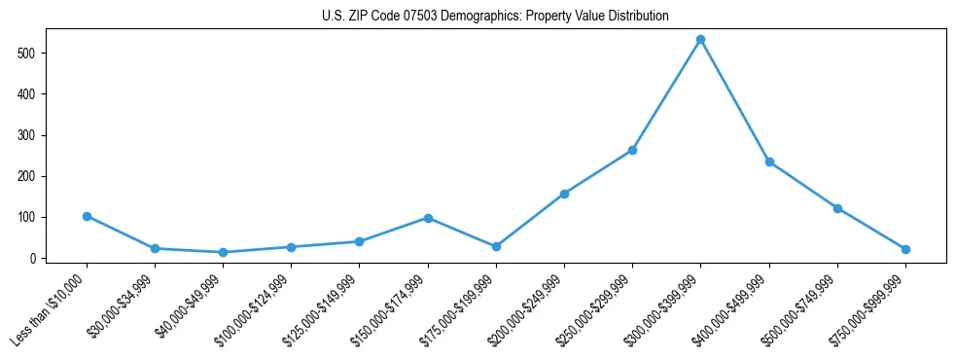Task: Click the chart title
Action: tap(495, 17)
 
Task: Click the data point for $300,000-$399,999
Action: tap(700, 40)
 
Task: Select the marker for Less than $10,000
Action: tap(87, 216)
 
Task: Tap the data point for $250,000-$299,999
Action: tap(632, 150)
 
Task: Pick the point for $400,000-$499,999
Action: tap(769, 162)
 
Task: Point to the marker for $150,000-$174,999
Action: tap(428, 218)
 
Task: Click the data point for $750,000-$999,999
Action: tap(905, 249)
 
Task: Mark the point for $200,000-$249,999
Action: tap(564, 194)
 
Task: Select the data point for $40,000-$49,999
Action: tap(223, 252)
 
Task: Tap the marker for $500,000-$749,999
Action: tap(837, 208)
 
